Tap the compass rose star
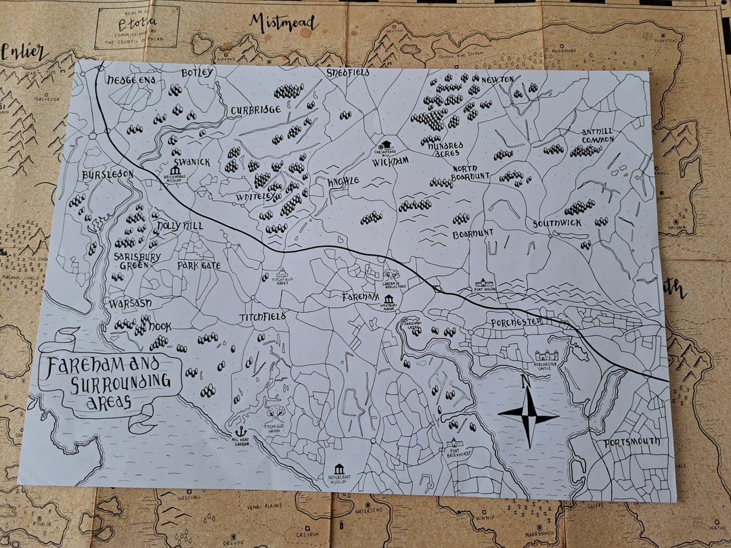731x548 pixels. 528,416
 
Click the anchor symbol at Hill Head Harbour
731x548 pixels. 239,431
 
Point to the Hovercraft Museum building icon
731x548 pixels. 339,469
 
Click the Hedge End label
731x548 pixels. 131,80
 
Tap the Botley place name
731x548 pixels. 198,72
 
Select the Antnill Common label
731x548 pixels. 598,135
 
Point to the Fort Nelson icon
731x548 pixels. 485,283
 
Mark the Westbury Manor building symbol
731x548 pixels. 389,300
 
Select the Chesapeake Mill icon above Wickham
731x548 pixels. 386,143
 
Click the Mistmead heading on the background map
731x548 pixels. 283,24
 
